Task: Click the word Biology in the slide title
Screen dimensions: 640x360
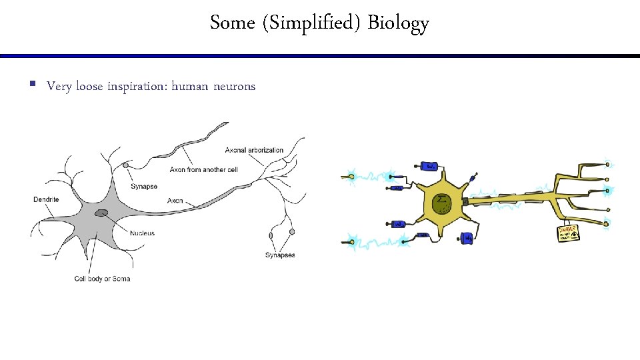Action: click(398, 23)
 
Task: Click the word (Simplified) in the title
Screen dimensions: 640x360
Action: click(311, 23)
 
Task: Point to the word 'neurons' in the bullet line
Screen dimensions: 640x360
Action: click(234, 87)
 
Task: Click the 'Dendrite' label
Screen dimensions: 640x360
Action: click(46, 199)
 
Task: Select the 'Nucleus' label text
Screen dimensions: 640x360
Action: click(142, 233)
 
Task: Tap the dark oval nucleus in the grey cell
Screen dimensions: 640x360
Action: click(101, 213)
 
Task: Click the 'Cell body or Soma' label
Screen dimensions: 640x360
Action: click(102, 279)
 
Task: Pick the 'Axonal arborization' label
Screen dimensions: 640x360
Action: click(254, 150)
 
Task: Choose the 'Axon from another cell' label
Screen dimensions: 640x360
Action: click(203, 170)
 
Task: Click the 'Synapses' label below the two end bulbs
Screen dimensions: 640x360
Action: click(280, 255)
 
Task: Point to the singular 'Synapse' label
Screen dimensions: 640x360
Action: click(144, 187)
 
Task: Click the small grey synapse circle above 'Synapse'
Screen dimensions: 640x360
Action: click(125, 165)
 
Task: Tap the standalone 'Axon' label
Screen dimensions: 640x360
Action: click(175, 201)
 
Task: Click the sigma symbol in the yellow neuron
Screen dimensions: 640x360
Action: click(440, 200)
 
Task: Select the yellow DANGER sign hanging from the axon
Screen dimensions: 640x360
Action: click(568, 232)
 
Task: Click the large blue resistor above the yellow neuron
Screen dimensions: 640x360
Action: click(431, 165)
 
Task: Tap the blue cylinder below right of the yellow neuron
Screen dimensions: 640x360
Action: click(469, 237)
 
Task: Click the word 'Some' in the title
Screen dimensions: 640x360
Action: click(233, 23)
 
